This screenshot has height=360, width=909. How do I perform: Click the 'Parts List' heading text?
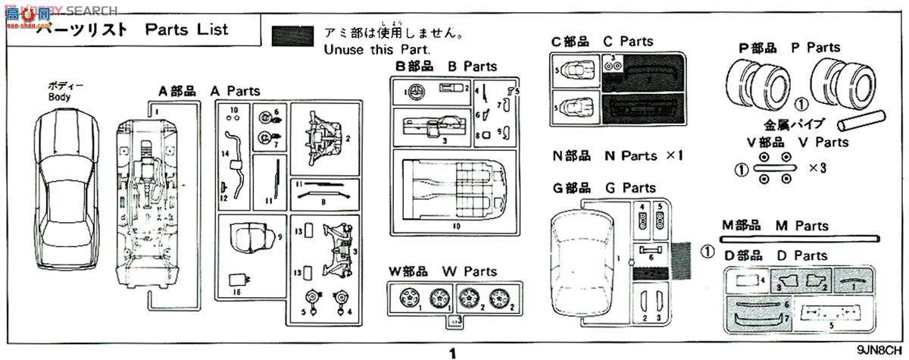tap(186, 30)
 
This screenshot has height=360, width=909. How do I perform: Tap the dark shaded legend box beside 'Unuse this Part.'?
tap(292, 36)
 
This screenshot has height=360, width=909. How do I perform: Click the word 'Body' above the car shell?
tap(59, 97)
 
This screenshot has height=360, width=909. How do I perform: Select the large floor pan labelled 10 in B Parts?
tap(455, 189)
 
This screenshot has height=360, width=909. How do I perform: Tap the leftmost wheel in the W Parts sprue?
tap(406, 297)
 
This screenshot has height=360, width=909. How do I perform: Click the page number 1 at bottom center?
tap(453, 352)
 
